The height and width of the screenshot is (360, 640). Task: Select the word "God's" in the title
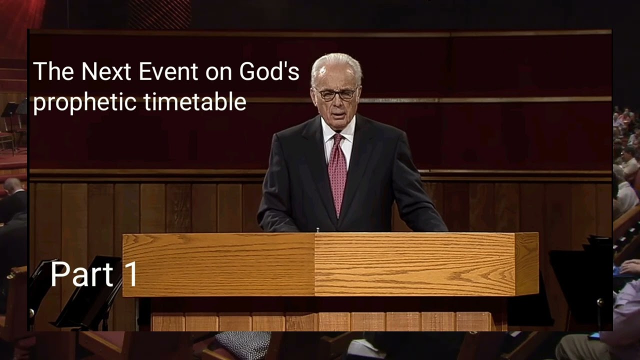pyautogui.click(x=268, y=71)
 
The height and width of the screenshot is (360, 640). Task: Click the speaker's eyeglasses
pyautogui.click(x=336, y=94)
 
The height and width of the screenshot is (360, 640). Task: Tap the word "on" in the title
pyautogui.click(x=221, y=72)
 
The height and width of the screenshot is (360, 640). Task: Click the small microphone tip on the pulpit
pyautogui.click(x=317, y=230)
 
